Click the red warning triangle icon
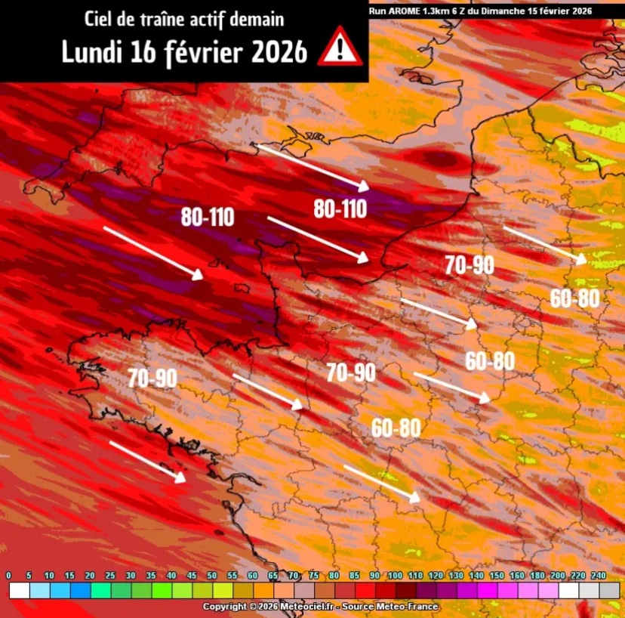340,47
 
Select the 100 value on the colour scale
395,576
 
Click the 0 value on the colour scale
8,576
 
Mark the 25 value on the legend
110,576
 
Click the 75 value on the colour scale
313,576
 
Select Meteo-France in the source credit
411,607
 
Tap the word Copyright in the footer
226,607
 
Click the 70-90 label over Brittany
152,378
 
